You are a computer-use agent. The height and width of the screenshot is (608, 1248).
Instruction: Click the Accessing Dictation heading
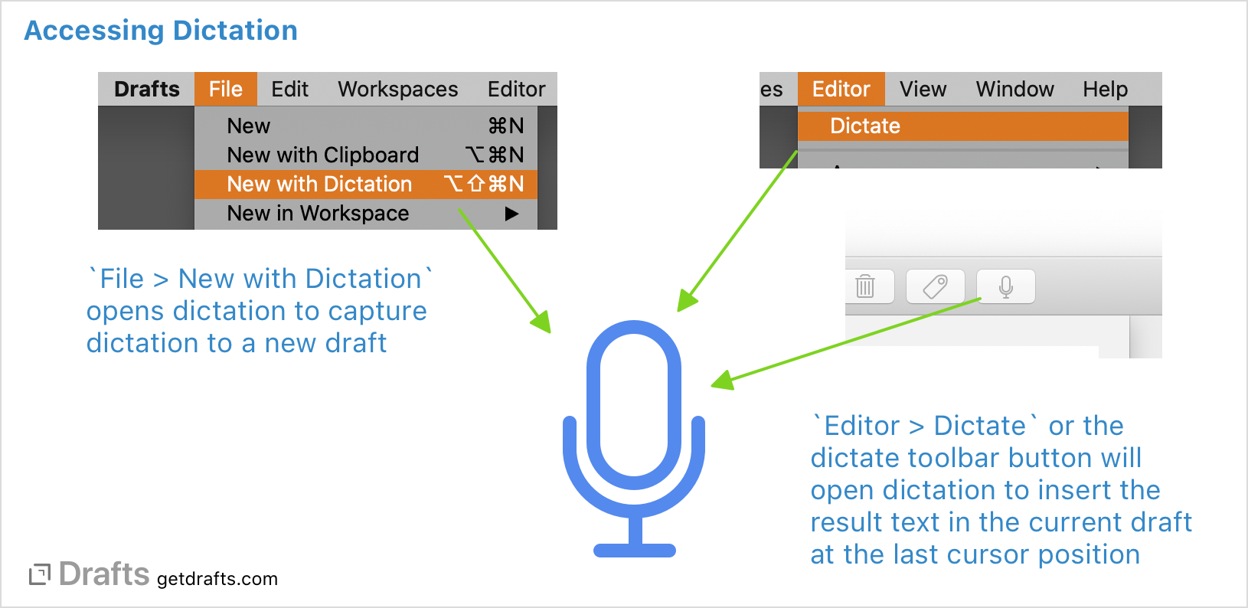(x=161, y=31)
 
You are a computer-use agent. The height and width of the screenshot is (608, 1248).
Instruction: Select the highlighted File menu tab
(x=225, y=90)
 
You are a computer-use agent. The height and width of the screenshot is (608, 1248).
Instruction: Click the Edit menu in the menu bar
(x=289, y=90)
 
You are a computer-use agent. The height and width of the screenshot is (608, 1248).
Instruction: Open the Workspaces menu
(x=397, y=90)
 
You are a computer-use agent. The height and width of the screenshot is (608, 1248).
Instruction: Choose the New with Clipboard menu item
(x=322, y=155)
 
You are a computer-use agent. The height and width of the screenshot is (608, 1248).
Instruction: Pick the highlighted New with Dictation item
(x=319, y=185)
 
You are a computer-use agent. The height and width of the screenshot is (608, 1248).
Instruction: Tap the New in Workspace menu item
(x=318, y=214)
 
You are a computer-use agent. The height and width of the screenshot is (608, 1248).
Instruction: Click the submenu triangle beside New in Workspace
(x=511, y=214)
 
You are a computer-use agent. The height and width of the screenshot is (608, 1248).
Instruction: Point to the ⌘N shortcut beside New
(x=506, y=126)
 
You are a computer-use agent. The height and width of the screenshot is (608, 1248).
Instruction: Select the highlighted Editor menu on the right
(x=841, y=90)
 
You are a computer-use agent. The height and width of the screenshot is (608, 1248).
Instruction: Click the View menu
(x=923, y=90)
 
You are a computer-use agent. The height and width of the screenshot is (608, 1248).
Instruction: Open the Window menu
(x=1014, y=90)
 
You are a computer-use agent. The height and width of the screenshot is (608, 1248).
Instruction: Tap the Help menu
(x=1105, y=90)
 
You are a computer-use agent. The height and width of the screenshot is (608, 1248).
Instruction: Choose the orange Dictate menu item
(x=865, y=126)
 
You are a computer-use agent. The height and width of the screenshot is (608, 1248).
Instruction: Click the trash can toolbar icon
(x=865, y=286)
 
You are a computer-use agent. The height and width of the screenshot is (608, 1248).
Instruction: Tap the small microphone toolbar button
(x=1006, y=286)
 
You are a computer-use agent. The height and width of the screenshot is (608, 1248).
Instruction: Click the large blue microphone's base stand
(x=635, y=548)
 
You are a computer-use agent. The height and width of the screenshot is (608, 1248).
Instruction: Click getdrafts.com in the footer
(x=217, y=579)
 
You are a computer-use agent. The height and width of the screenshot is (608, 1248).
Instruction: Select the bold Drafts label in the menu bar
(x=146, y=90)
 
